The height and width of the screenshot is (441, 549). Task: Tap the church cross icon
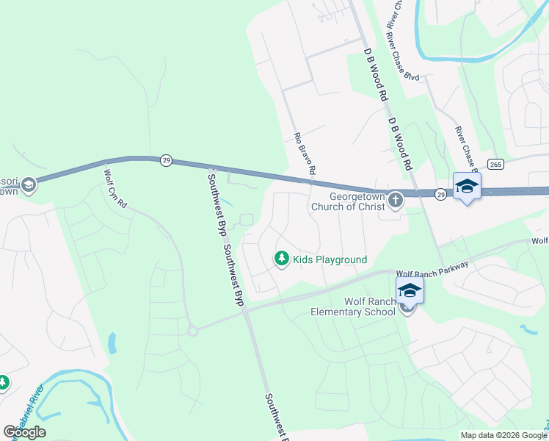coord(396,200)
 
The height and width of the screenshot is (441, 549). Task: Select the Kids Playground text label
coord(330,259)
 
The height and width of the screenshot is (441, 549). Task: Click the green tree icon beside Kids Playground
coord(280,258)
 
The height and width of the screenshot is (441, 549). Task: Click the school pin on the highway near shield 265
coord(467,187)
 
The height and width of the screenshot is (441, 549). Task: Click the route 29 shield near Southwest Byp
coord(167,160)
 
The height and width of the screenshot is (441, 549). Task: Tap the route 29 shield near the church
coord(440,194)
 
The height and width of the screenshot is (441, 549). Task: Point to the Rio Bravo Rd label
coord(304,153)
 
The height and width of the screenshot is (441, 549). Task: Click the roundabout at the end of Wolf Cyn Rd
coord(193,331)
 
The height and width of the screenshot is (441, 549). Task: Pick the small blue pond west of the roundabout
coord(112,343)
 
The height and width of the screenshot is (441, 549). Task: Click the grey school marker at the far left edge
coord(28,184)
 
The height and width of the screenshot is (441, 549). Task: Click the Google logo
coord(24,432)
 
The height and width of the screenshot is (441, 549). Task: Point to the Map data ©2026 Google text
coord(503,435)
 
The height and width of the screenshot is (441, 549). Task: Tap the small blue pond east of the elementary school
coord(528,330)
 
